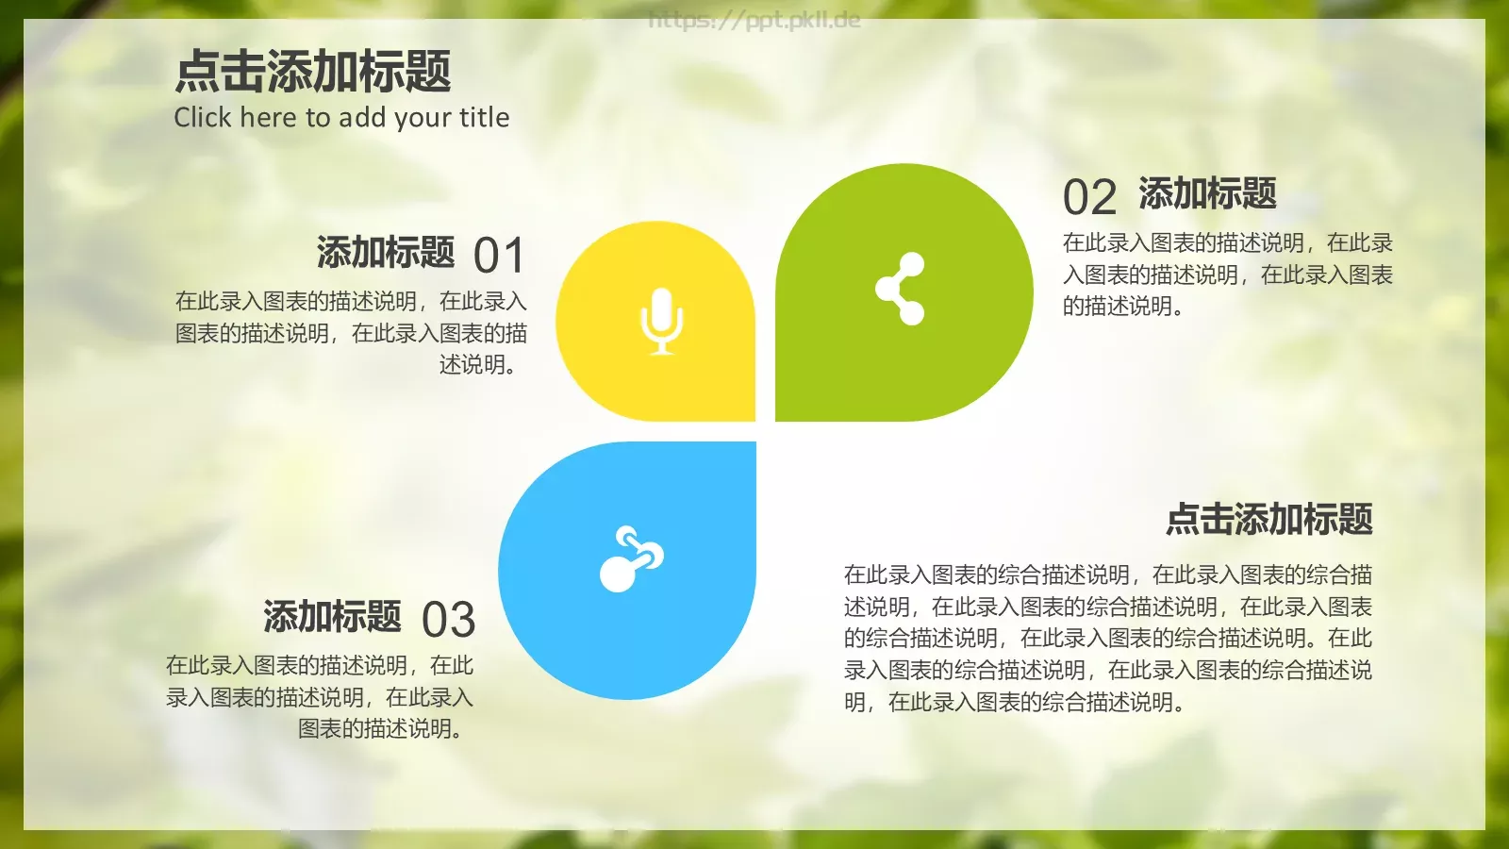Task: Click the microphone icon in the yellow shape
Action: click(661, 321)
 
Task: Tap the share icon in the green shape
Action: click(901, 289)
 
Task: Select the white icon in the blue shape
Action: click(631, 559)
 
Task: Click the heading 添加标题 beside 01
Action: click(386, 253)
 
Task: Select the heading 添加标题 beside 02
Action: click(1207, 193)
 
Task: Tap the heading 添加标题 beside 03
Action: click(332, 617)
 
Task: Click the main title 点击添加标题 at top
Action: click(313, 72)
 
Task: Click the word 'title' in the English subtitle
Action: click(484, 117)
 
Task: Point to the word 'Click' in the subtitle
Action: click(202, 117)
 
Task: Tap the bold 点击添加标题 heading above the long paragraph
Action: click(1269, 519)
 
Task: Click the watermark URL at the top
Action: click(754, 20)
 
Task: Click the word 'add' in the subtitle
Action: click(362, 117)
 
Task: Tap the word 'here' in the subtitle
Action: click(269, 117)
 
